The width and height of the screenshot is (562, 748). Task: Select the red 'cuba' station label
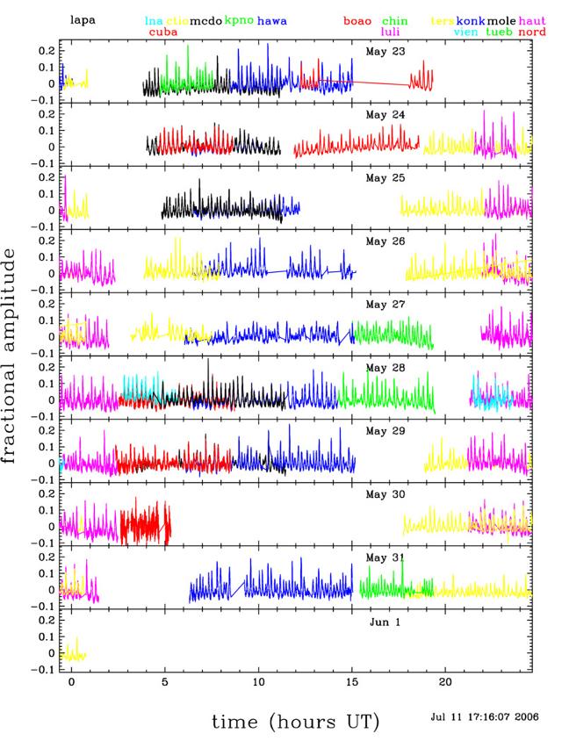164,32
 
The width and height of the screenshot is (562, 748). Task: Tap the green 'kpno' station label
239,19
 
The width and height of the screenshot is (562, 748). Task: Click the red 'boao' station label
357,20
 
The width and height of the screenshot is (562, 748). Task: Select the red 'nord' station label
532,32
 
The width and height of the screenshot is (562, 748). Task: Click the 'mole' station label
501,20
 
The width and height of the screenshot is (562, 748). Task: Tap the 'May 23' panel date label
385,51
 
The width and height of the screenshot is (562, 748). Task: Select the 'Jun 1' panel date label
385,622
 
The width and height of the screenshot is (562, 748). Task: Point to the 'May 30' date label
385,495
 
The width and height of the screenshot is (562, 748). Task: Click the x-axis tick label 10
258,682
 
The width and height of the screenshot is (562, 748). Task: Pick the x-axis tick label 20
445,682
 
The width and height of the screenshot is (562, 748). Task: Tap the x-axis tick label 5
164,682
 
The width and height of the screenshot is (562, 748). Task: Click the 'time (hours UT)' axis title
296,722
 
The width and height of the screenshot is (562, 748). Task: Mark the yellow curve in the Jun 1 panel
75,652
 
